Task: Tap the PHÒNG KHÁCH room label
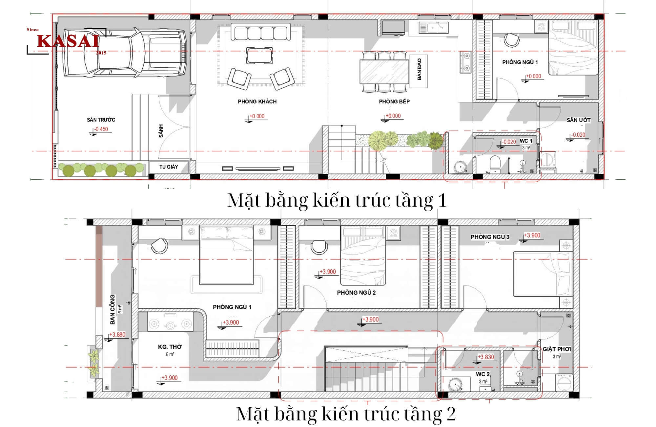(257, 101)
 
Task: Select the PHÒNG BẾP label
(394, 101)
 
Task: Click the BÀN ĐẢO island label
(419, 69)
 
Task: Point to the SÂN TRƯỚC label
(101, 120)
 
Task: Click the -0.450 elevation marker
(101, 129)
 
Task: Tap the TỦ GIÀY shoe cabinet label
(169, 167)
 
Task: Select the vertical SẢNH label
(161, 131)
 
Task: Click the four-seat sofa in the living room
(261, 32)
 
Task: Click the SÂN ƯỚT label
(579, 120)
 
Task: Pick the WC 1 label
(526, 141)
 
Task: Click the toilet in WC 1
(494, 164)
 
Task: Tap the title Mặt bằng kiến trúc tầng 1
(337, 200)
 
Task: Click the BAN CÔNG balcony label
(113, 309)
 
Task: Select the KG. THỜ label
(170, 347)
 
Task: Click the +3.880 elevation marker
(117, 335)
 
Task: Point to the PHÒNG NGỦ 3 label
(490, 237)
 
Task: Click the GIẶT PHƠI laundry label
(557, 349)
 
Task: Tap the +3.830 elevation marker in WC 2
(486, 357)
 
